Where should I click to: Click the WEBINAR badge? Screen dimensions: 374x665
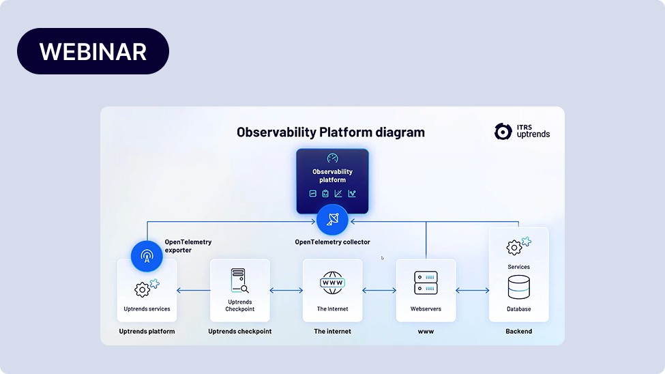(93, 51)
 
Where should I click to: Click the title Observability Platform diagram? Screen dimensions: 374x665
(330, 132)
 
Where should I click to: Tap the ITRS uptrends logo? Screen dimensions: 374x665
(522, 131)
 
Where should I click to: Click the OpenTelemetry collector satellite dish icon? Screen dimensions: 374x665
(332, 220)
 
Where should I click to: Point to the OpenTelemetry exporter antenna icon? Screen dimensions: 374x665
(147, 257)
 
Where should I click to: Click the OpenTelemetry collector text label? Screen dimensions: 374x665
(332, 242)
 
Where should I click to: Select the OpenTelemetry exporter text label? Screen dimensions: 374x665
(188, 246)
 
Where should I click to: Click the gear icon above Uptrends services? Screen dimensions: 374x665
(143, 289)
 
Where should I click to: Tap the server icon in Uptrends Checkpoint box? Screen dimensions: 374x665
(239, 280)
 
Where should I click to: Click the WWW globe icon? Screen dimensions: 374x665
(332, 283)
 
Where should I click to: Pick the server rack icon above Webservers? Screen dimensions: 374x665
(426, 283)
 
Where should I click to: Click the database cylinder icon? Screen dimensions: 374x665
(519, 287)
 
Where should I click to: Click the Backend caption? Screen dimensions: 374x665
(519, 331)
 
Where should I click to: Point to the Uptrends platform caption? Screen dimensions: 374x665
(147, 331)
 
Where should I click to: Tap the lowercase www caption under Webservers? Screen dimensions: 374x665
(426, 331)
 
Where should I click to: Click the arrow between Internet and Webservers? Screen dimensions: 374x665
(379, 291)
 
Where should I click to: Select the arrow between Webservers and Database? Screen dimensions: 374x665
(472, 291)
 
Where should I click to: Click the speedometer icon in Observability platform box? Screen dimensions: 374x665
(332, 158)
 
